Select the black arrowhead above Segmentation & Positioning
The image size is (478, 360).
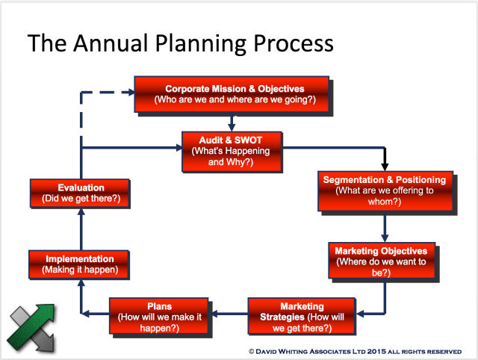coord(385,165)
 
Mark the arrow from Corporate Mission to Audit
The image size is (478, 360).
coord(233,121)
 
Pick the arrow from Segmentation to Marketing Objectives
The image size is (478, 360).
coord(384,226)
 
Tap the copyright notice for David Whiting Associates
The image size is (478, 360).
coord(354,350)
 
